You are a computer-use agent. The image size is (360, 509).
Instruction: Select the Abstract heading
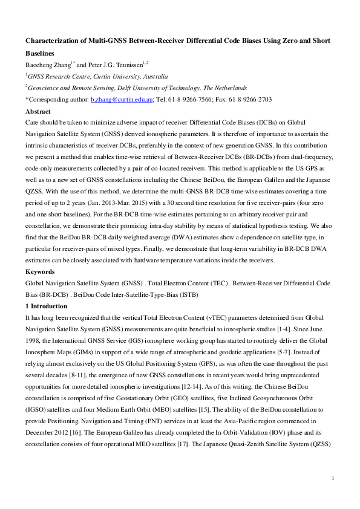[x=38, y=111]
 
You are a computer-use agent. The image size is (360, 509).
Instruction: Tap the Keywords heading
[x=39, y=271]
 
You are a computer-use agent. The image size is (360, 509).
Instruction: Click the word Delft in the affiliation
[x=113, y=87]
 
